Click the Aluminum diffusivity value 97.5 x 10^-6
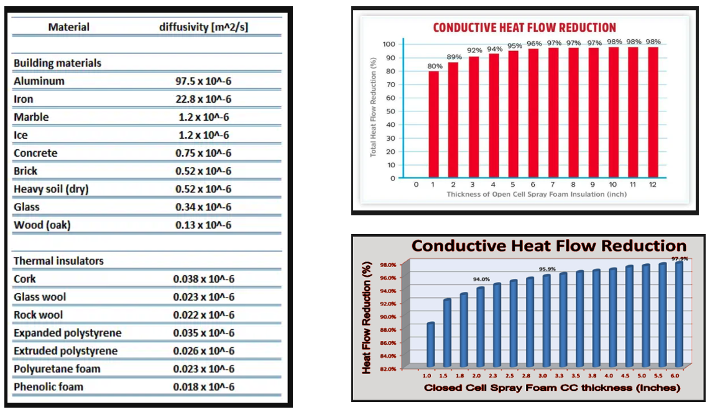(x=203, y=81)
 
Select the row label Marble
(x=31, y=117)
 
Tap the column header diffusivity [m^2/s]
(x=205, y=27)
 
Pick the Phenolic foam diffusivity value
(x=203, y=386)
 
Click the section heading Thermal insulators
(x=58, y=261)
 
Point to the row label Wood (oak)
(x=42, y=225)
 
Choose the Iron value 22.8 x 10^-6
(x=203, y=99)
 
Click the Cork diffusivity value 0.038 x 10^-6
(x=203, y=279)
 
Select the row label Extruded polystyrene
(x=65, y=350)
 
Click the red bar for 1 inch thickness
(x=433, y=124)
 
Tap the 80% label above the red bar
(x=435, y=66)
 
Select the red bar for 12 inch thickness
(x=653, y=113)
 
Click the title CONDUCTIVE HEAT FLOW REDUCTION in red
(x=524, y=27)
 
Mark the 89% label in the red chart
(x=454, y=57)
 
